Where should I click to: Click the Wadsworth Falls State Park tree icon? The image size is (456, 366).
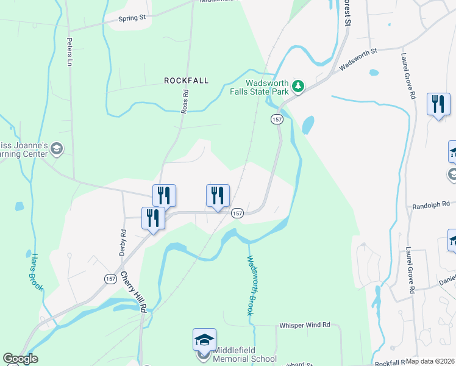click(x=297, y=86)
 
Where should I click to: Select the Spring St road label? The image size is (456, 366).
click(x=132, y=18)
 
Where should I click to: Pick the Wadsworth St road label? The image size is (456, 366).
click(x=358, y=60)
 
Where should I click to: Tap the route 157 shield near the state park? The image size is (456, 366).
click(x=277, y=120)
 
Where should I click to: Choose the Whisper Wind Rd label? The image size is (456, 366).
click(x=305, y=325)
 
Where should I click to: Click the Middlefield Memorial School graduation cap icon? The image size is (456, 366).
click(x=204, y=339)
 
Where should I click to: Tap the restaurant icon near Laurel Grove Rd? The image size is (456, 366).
click(x=438, y=104)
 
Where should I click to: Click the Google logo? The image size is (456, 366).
click(x=20, y=359)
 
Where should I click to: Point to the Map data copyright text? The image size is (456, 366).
click(x=430, y=361)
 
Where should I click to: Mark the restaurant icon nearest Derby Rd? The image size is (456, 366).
click(x=153, y=218)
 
